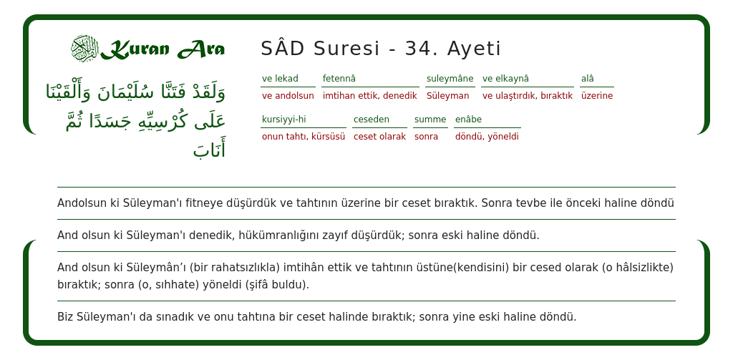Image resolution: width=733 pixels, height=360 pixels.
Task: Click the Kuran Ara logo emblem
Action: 84,49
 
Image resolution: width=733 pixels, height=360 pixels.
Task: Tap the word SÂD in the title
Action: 283,49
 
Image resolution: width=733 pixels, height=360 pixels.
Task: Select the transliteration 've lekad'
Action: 280,79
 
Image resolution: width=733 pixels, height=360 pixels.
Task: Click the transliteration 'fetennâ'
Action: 339,79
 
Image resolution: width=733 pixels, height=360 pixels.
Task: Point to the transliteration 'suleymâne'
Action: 450,79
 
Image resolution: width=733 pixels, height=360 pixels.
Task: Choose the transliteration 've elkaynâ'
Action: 505,79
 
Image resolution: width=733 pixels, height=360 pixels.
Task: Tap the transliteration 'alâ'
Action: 588,79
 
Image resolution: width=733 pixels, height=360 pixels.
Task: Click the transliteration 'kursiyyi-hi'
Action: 283,120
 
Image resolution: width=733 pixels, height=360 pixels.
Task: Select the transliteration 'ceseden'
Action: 372,120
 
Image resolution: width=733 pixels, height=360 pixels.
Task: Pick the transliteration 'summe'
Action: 430,120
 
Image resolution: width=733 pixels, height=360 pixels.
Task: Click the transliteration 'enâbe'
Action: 468,120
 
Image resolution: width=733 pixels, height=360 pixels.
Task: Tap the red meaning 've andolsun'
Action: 288,96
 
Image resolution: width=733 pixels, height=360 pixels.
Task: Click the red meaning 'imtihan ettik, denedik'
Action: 369,96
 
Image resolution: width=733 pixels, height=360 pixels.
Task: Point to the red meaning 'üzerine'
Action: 597,96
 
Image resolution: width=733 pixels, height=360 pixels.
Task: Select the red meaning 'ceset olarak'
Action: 379,137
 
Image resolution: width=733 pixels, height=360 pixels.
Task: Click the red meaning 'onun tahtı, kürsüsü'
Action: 304,137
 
